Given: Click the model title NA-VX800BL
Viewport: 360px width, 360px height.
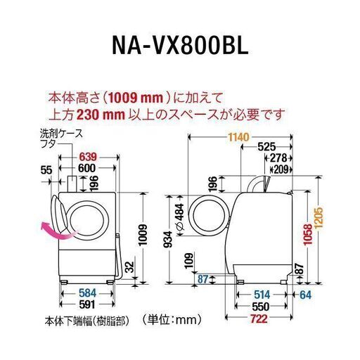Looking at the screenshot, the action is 180,45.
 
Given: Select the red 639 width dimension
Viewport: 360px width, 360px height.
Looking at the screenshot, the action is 88,157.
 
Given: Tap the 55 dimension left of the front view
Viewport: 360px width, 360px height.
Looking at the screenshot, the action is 46,170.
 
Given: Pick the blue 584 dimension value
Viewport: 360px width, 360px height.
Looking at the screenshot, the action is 88,293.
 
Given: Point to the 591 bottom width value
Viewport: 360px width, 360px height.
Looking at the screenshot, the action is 88,304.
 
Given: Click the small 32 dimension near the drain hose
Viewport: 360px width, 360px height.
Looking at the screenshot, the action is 129,266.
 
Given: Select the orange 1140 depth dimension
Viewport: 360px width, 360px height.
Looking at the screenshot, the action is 239,137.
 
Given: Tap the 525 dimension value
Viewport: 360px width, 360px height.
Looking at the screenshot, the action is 266,147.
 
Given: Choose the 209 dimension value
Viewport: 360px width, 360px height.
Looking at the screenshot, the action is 281,169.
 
